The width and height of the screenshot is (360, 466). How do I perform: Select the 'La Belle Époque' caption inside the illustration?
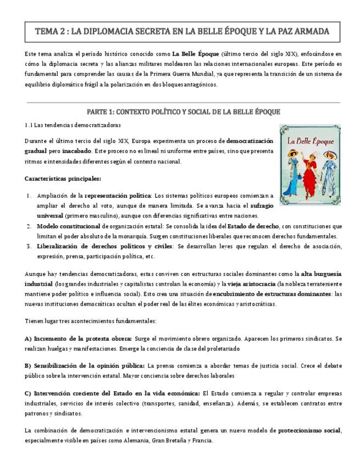[311, 142]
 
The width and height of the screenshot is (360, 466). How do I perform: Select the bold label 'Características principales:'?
[63, 179]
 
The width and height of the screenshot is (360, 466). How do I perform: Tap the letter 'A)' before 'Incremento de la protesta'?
[28, 339]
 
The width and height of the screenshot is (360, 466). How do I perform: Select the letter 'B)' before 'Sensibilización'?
[28, 365]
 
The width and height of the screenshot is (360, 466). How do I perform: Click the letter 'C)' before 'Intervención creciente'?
[28, 393]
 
